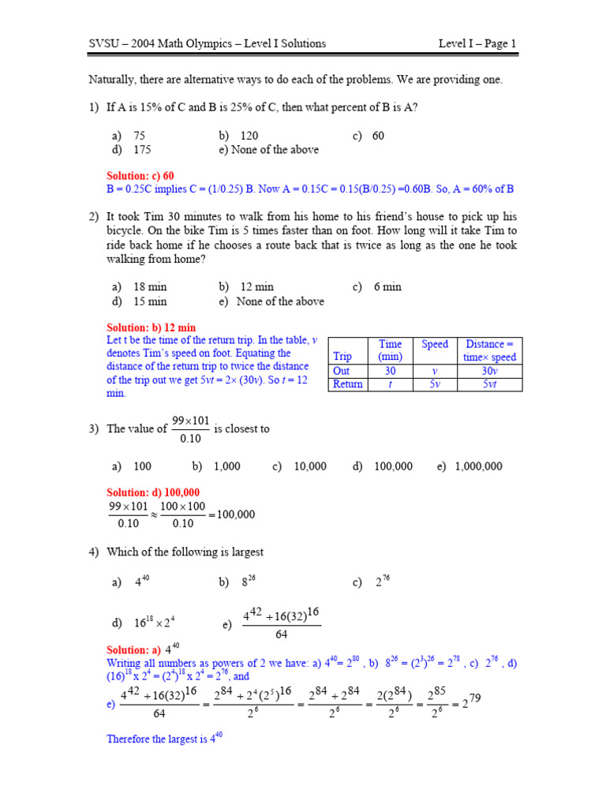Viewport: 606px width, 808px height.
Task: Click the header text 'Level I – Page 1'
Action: [477, 43]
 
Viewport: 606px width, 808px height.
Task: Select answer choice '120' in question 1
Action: [249, 136]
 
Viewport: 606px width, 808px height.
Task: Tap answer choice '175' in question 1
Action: [142, 149]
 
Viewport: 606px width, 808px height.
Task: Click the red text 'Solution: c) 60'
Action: [140, 175]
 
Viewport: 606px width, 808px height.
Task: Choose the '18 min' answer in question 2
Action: [150, 286]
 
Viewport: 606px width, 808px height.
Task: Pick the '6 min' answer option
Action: [387, 286]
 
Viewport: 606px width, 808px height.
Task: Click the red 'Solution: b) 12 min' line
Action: [151, 327]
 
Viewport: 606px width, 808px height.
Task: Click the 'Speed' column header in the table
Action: [435, 344]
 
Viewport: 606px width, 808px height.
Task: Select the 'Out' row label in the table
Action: [342, 371]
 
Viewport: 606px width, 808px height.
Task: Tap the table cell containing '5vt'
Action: [489, 384]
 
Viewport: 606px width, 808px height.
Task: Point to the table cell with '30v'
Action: [489, 371]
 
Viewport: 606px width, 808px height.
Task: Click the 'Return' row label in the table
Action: [348, 384]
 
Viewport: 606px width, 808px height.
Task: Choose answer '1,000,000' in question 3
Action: [478, 466]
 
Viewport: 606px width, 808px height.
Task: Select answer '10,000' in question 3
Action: [310, 466]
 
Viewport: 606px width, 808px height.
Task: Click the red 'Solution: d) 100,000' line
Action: [153, 492]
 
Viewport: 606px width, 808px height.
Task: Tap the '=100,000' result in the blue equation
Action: [231, 514]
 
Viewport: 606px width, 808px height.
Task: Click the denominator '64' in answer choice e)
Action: [281, 634]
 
